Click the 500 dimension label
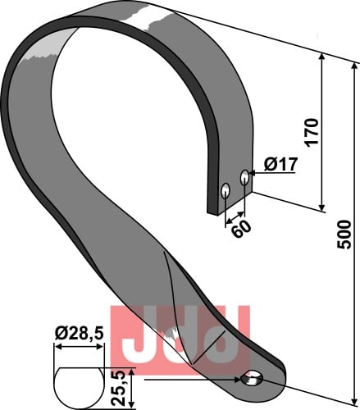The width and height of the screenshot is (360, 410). [344, 235]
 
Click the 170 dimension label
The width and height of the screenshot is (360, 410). [312, 133]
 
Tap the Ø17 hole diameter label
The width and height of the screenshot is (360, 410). [280, 165]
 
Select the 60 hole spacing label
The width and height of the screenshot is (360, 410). [242, 229]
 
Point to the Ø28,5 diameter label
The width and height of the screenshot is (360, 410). [79, 334]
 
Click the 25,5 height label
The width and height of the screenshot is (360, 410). [119, 389]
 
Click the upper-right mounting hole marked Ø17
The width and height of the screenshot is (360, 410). [244, 177]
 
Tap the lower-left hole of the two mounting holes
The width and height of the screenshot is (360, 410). [226, 190]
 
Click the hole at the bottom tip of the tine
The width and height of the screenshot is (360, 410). [252, 379]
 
